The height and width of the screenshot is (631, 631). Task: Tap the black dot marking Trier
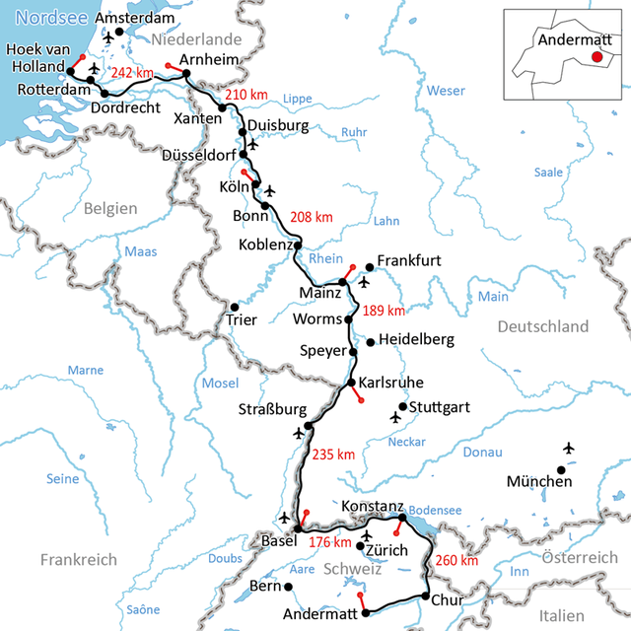coord(234,307)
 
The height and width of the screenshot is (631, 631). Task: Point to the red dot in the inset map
coord(596,59)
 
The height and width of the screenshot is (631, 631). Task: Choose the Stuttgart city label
coord(440,406)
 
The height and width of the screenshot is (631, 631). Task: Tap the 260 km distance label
coord(456,560)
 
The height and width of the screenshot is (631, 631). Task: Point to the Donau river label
coord(482,452)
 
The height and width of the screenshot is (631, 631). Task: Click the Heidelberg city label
coord(416,340)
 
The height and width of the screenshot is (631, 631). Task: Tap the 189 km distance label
coord(385,311)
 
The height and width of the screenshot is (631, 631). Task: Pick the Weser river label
coord(446,91)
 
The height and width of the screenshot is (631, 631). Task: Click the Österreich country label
coord(580,558)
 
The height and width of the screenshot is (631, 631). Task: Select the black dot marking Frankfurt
coord(370,266)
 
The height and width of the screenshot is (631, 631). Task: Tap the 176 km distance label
coord(329,541)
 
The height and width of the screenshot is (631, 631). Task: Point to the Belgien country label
coord(110,208)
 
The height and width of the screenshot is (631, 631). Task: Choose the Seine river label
coord(62,479)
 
